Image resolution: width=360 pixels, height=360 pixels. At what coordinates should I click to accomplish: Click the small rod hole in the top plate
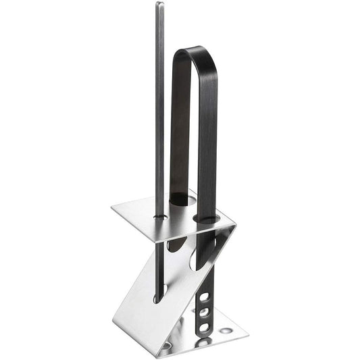click(x=160, y=217)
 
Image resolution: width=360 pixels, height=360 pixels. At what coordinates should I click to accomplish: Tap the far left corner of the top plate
click(x=113, y=209)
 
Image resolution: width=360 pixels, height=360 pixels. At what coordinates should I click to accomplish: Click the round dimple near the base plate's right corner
click(x=226, y=330)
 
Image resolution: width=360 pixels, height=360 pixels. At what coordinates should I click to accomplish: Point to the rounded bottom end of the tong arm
click(x=202, y=334)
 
